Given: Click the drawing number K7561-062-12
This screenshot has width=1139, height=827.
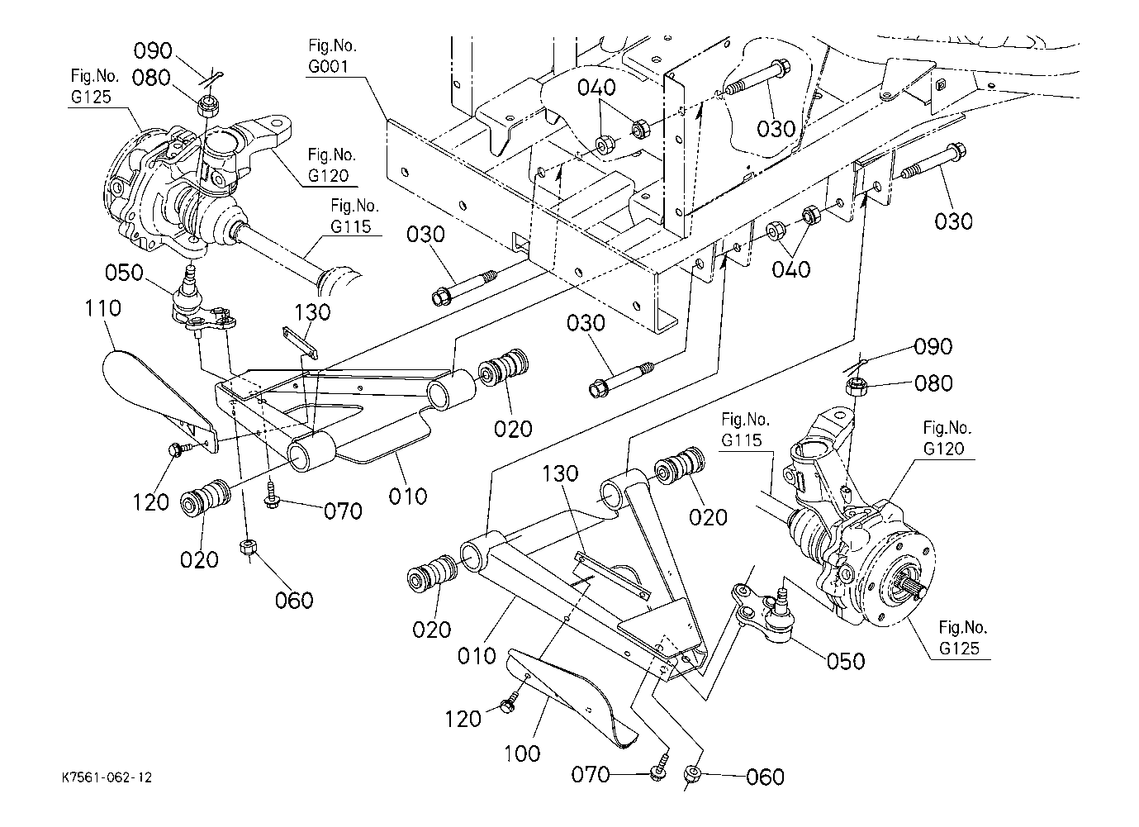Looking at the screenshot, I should [x=107, y=778].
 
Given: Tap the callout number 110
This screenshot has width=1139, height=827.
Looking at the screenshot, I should [x=102, y=309].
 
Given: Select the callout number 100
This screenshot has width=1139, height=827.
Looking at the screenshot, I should [x=521, y=753].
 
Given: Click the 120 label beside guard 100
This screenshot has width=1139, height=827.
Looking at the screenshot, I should [x=463, y=719].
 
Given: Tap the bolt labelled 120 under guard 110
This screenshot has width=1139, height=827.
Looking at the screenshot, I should [x=176, y=450].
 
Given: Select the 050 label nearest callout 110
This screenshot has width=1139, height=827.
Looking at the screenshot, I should [x=124, y=273].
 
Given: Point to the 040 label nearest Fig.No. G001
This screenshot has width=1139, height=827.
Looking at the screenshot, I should [x=596, y=88].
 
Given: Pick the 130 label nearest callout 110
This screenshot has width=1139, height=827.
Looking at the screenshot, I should [x=312, y=312].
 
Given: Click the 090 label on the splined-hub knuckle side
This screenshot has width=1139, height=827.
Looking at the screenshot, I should [x=933, y=347].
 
